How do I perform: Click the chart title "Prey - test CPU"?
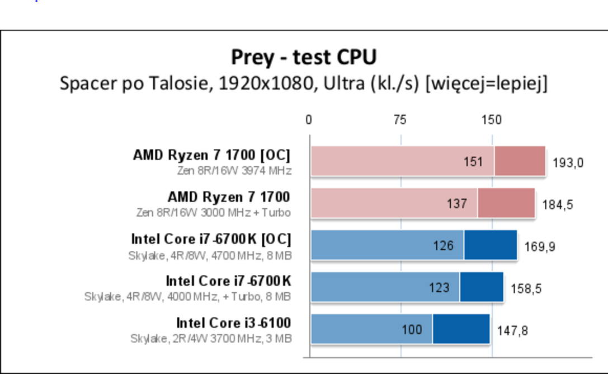click(x=304, y=57)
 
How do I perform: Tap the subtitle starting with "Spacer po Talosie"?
click(x=304, y=84)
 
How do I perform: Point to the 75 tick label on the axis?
click(x=399, y=120)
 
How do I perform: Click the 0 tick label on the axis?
click(x=308, y=120)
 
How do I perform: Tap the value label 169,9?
click(x=540, y=247)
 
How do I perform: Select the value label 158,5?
click(x=526, y=289)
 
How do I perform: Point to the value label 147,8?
click(x=512, y=330)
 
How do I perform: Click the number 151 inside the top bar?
click(x=473, y=162)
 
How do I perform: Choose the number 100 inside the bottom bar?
click(x=412, y=329)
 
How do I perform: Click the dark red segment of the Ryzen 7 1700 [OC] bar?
click(x=520, y=161)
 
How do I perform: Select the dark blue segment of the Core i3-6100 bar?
click(x=461, y=329)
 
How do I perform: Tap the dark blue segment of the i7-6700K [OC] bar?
click(x=490, y=245)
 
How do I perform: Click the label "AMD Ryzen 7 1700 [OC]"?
click(x=212, y=155)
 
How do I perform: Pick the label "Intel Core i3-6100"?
click(x=234, y=323)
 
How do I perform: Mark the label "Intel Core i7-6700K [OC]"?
click(x=211, y=239)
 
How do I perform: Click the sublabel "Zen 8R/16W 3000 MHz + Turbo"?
click(x=214, y=213)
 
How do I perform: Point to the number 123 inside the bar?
click(x=439, y=288)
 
